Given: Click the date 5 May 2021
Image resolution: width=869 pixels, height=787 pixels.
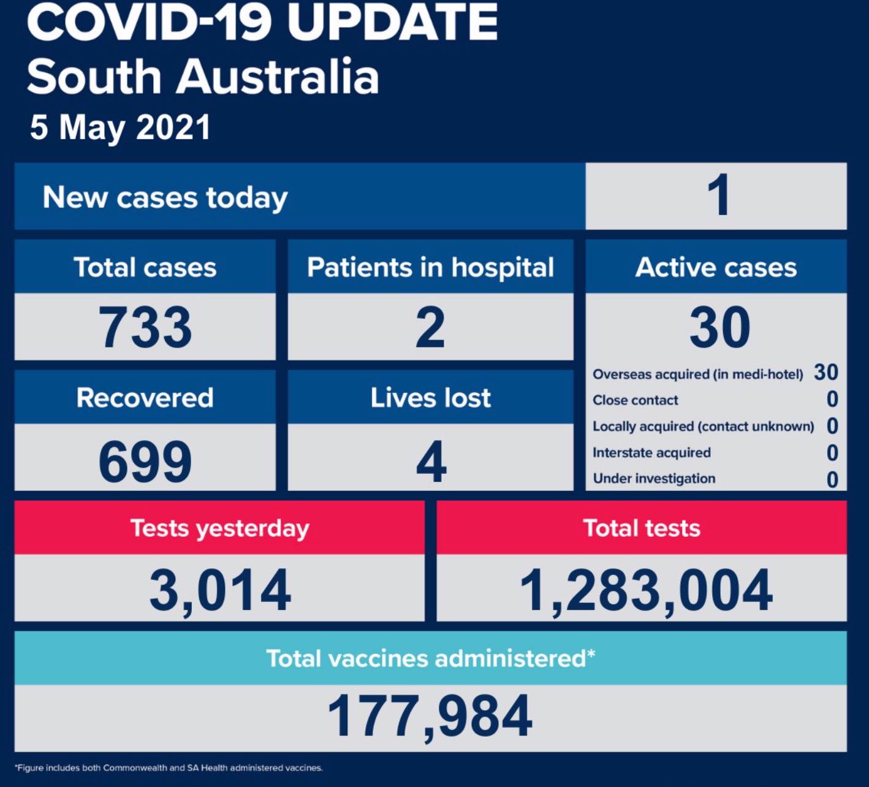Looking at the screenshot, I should (x=121, y=127).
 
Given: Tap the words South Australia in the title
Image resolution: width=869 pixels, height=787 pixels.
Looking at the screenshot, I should (x=203, y=77).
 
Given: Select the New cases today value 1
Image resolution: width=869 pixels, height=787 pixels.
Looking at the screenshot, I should (x=718, y=196).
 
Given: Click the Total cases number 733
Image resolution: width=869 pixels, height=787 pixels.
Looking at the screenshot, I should (x=145, y=327).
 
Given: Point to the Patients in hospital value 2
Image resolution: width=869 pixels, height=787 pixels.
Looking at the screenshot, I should (x=430, y=327).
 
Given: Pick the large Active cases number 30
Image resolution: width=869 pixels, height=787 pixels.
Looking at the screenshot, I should (x=719, y=327).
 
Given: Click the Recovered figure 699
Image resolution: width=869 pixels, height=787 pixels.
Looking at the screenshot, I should (x=145, y=461).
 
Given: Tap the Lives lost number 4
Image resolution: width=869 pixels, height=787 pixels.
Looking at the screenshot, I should (x=431, y=461).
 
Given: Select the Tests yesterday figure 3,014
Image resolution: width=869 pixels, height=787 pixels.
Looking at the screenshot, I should (x=220, y=590).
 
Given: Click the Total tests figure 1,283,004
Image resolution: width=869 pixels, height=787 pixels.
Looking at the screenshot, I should (x=645, y=590).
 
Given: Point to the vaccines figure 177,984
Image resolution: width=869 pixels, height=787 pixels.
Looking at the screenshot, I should (x=430, y=716).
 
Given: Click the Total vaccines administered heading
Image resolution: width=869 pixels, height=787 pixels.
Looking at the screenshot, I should (x=430, y=658).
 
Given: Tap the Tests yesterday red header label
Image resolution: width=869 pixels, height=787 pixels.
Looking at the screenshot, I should (x=220, y=528).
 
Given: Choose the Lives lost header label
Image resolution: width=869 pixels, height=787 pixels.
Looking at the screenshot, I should (x=431, y=398).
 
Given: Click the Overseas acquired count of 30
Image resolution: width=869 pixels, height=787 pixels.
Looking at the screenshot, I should (x=825, y=372).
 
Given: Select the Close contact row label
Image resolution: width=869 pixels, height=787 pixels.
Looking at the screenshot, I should (x=636, y=400).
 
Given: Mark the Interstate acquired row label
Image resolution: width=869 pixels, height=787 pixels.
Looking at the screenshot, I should (x=651, y=452).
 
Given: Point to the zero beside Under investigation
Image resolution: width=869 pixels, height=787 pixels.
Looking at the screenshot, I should (x=832, y=479).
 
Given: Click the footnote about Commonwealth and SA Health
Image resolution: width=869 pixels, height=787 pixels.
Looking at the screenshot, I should (x=169, y=767).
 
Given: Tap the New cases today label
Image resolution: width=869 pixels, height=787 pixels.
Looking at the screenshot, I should (x=165, y=197).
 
